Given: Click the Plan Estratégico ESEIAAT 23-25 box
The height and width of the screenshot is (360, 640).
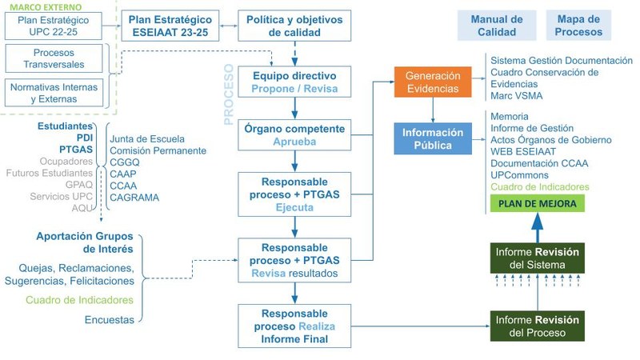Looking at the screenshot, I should click(171, 26).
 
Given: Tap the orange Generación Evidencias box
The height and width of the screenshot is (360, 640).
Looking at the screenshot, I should click(433, 82).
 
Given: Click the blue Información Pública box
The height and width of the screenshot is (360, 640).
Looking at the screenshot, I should click(433, 138).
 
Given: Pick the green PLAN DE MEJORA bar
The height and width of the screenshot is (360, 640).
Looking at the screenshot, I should click(537, 203).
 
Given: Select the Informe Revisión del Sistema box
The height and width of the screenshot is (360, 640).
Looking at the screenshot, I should click(537, 258).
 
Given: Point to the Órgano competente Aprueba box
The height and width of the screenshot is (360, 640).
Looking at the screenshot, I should click(294, 135).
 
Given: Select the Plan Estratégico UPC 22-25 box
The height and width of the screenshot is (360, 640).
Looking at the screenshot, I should click(54, 26).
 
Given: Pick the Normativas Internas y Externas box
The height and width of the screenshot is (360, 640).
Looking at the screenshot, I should click(54, 94).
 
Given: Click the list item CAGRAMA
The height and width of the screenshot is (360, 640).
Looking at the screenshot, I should click(134, 197).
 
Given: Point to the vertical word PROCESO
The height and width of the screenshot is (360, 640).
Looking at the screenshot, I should click(227, 97).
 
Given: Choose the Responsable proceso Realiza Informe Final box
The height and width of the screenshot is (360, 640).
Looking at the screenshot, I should click(294, 326).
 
